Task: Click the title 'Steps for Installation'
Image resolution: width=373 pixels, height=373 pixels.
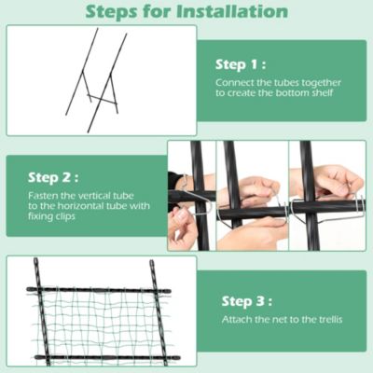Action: click(x=186, y=12)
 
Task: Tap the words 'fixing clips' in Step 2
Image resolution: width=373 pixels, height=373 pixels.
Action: click(x=48, y=217)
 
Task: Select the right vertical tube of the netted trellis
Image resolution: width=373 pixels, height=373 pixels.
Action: click(x=158, y=312)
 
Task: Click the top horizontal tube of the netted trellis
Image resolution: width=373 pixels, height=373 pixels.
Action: click(x=98, y=291)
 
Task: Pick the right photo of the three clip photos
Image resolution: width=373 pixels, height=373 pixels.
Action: click(x=325, y=196)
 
